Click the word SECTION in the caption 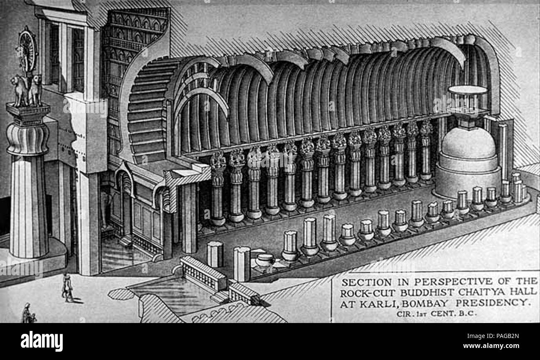coord(367,282)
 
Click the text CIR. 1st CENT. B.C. coord(437,314)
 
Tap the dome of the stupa coord(469,142)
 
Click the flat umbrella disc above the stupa coord(468,90)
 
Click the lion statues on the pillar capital coord(27,90)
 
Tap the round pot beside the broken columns coord(265,260)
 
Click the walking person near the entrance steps coord(67,287)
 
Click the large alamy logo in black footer coord(42,341)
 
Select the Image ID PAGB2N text coord(493,336)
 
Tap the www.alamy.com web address coord(491,346)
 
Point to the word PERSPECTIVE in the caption coord(454,281)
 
